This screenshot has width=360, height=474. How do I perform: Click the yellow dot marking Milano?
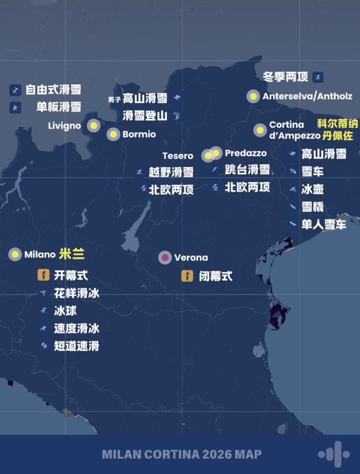[15, 255]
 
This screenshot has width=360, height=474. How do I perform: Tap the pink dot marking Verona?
[165, 258]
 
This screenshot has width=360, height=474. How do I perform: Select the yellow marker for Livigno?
[94, 126]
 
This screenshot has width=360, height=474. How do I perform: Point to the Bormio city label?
[139, 134]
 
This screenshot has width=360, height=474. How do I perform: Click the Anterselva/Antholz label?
[307, 96]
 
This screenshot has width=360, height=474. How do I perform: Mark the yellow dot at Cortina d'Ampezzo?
[260, 130]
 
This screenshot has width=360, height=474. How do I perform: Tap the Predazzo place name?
[246, 153]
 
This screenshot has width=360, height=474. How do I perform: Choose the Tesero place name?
[178, 156]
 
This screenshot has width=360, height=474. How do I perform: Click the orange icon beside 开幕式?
[44, 275]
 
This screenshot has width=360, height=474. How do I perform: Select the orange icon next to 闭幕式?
[187, 276]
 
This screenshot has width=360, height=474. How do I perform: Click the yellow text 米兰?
[72, 255]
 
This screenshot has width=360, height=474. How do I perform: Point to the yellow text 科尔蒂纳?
[337, 124]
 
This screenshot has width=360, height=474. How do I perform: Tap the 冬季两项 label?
[285, 77]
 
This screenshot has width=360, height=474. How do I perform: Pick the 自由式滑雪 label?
[53, 90]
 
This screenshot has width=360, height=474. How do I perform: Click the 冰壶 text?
[312, 189]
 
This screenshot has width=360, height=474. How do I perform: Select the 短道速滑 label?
[76, 346]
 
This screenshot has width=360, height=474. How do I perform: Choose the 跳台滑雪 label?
[247, 170]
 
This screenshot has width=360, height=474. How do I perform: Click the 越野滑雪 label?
[171, 172]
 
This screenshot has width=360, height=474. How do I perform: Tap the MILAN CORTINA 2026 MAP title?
[182, 454]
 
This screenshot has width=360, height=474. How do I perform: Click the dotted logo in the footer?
[333, 454]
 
